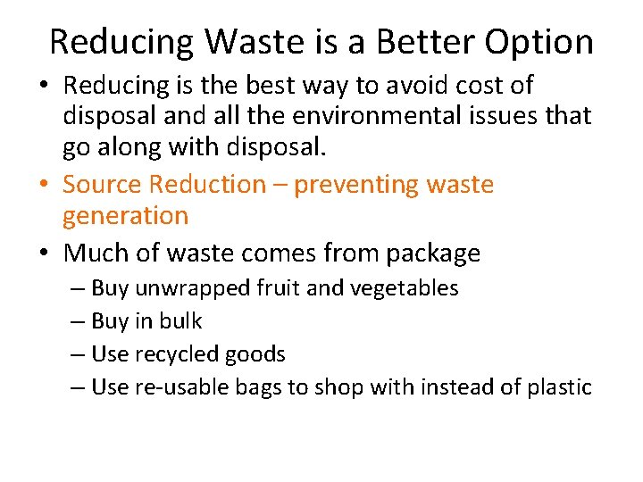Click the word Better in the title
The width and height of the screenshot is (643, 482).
424,42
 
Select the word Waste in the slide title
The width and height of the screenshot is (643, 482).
258,42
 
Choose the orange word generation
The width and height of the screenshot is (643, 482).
126,216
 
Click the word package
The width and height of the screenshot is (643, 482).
433,254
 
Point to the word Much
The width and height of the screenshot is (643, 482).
95,253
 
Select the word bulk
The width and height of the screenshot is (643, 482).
183,321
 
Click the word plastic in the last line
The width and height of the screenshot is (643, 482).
559,387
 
